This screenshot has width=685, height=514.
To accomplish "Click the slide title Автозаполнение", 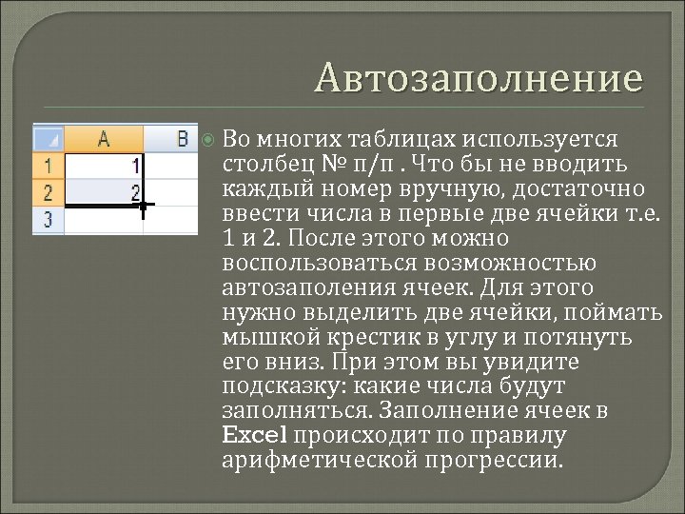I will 479,78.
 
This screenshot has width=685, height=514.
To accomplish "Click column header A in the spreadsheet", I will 103,139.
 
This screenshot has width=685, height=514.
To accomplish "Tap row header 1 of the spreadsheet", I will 49,166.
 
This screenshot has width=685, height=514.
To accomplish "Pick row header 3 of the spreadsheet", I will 49,220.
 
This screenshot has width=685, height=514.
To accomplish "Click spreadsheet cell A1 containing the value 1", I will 104,166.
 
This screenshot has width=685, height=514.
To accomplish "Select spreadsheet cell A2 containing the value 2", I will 104,192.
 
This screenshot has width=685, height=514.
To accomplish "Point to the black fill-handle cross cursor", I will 143,205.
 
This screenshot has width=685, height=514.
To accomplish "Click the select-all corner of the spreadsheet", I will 49,138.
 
